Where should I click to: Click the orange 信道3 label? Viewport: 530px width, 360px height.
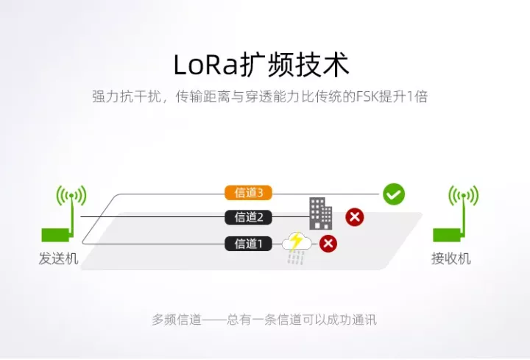(249, 193)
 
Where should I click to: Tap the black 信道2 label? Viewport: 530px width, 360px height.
(249, 217)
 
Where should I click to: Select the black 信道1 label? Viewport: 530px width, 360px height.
(249, 244)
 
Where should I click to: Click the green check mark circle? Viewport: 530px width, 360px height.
(394, 194)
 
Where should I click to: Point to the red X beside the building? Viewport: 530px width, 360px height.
(355, 217)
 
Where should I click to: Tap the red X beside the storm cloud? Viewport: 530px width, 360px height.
(328, 244)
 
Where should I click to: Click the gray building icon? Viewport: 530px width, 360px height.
(320, 213)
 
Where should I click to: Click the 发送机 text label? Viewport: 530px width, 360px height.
(58, 258)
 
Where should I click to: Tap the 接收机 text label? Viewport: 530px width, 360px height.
(451, 258)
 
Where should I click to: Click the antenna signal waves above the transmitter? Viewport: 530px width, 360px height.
(71, 196)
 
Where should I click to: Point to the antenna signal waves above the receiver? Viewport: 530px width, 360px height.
(464, 196)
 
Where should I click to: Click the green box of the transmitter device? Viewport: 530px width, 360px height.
(55, 236)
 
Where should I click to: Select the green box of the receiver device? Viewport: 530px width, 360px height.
(447, 236)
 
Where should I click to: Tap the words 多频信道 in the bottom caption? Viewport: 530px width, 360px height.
(177, 320)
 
